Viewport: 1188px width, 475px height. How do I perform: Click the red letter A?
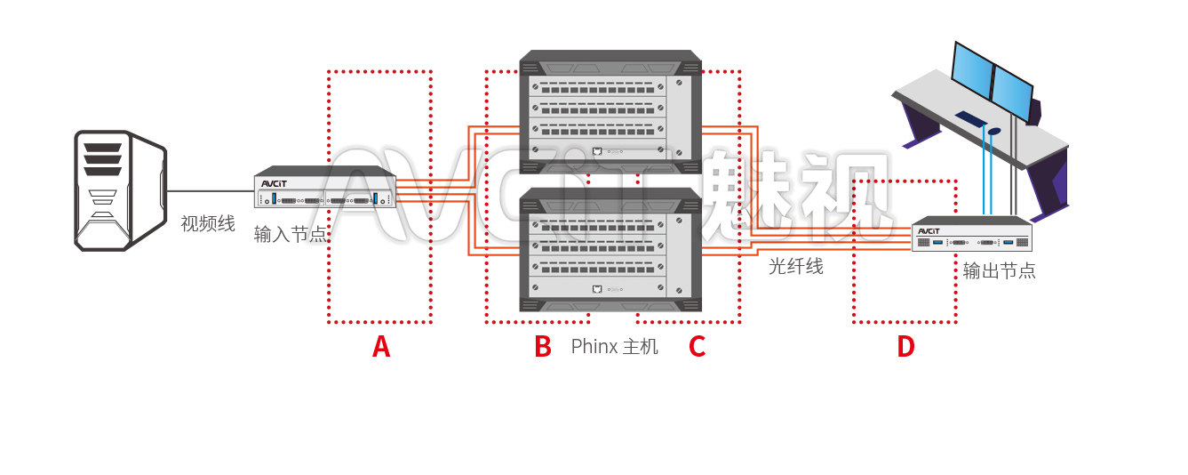[x=381, y=347]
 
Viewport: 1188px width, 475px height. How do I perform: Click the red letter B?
[x=542, y=347]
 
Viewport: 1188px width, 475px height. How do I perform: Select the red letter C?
[x=697, y=347]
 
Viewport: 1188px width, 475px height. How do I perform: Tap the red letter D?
[x=905, y=347]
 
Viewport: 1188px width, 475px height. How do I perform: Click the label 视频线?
[x=208, y=224]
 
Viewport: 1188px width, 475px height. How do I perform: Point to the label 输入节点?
[x=291, y=235]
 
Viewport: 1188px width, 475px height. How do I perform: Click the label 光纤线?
[x=795, y=266]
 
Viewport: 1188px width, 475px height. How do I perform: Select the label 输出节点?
[x=999, y=271]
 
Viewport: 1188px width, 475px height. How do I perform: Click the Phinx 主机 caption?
[x=614, y=347]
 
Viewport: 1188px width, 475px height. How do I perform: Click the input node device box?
[x=324, y=189]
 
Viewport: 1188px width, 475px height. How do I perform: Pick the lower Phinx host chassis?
[x=610, y=251]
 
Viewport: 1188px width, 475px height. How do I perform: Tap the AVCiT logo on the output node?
[x=929, y=231]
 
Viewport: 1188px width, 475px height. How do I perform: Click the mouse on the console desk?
[x=993, y=131]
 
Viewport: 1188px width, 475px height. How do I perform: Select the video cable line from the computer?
[x=210, y=191]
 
